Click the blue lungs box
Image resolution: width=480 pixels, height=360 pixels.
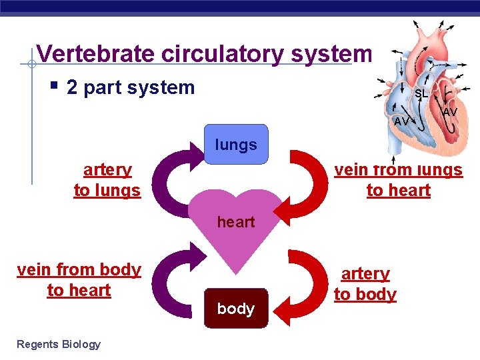(x=237, y=144)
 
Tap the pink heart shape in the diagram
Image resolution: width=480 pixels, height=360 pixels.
(x=237, y=227)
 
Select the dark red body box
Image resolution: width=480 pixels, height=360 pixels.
(x=236, y=308)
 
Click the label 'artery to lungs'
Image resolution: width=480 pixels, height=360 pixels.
(x=107, y=180)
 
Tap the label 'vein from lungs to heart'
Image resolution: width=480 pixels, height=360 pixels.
(x=398, y=180)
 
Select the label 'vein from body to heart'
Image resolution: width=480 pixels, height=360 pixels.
(x=79, y=280)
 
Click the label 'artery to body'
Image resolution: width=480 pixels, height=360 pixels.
(x=365, y=284)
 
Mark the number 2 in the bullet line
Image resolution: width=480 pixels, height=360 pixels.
(x=73, y=87)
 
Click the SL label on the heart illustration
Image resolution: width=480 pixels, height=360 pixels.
(x=421, y=94)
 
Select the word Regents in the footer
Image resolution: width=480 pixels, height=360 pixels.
(x=37, y=344)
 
